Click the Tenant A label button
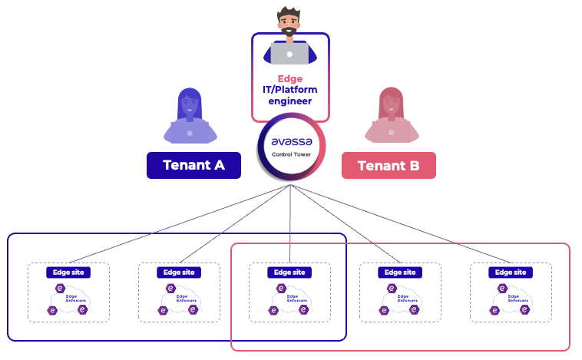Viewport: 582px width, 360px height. pyautogui.click(x=193, y=165)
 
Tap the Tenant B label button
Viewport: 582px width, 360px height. pyautogui.click(x=389, y=165)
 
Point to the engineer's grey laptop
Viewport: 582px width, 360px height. pyautogui.click(x=289, y=52)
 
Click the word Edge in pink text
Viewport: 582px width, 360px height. pyautogui.click(x=290, y=78)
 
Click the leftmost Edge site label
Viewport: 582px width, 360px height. pyautogui.click(x=68, y=272)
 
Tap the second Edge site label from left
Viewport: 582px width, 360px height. pyautogui.click(x=179, y=272)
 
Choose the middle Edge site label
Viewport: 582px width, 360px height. pyautogui.click(x=289, y=272)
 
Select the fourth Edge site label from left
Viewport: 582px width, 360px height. pyautogui.click(x=400, y=272)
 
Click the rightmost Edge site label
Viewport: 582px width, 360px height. pyautogui.click(x=511, y=272)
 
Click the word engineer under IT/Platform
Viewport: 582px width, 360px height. pyautogui.click(x=290, y=101)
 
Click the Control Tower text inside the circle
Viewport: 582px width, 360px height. pyautogui.click(x=289, y=154)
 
